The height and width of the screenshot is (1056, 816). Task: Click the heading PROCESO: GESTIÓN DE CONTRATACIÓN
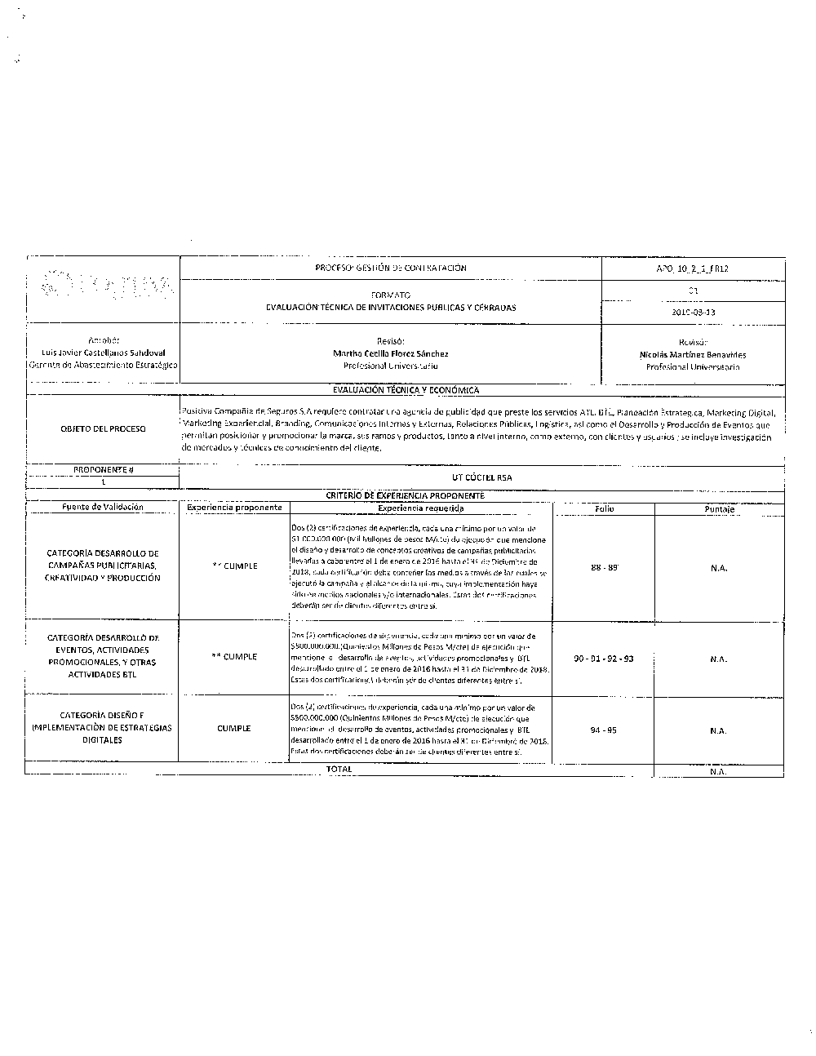click(390, 268)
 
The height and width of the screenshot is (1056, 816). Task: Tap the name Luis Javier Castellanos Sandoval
click(103, 353)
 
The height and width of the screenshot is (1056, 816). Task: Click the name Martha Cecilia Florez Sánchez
click(391, 353)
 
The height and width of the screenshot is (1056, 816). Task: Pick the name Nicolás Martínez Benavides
click(693, 354)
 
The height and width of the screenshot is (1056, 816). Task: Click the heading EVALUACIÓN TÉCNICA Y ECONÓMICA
click(406, 390)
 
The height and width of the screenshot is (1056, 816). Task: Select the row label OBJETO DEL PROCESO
click(103, 428)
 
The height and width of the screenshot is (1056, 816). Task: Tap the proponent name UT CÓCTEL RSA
click(481, 477)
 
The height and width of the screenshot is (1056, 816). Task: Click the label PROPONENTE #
click(103, 469)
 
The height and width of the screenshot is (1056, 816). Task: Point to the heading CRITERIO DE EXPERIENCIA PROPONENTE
click(405, 495)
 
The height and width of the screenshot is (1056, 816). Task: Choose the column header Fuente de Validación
click(103, 507)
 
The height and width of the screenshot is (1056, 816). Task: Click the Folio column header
click(604, 508)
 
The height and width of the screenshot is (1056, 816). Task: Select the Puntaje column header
click(719, 508)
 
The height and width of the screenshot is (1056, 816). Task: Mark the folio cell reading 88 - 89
click(604, 566)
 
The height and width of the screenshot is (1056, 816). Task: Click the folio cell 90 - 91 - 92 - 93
click(604, 658)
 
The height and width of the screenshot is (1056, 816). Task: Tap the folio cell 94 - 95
click(604, 730)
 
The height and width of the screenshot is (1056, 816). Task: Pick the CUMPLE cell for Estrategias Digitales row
click(234, 728)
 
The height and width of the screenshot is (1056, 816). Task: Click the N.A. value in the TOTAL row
click(718, 770)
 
